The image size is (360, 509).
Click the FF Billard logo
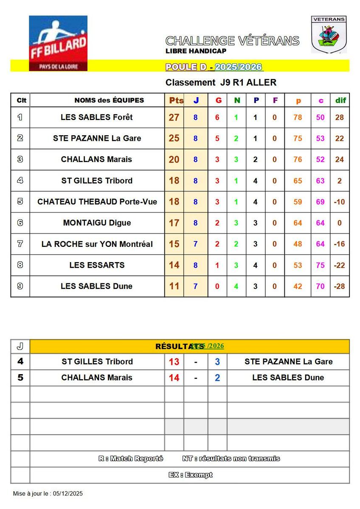[58, 43]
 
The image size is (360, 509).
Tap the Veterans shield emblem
[329, 34]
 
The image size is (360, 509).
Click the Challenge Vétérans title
[232, 41]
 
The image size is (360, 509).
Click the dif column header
[340, 101]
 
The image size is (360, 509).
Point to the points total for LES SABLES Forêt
[174, 117]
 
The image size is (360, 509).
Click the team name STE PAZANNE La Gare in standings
[97, 138]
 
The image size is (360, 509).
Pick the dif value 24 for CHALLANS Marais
[339, 159]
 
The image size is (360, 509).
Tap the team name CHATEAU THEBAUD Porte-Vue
[97, 202]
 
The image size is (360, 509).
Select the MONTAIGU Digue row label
[97, 223]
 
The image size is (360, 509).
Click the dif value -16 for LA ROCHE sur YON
[339, 244]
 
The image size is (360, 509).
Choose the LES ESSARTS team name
[97, 265]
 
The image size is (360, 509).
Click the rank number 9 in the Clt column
[20, 286]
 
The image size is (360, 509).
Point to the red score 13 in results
[174, 362]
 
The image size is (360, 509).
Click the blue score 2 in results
[217, 378]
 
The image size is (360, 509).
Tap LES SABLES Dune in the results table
[288, 378]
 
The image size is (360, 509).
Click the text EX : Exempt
[190, 475]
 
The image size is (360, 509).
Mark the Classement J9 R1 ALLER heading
[221, 83]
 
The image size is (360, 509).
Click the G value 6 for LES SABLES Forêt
[217, 117]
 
